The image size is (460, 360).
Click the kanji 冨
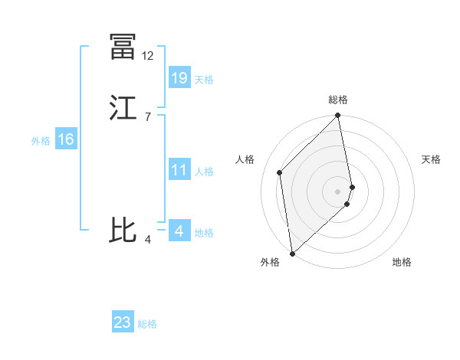[x=123, y=47]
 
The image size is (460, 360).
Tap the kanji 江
[x=123, y=108]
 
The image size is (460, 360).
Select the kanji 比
[x=123, y=231]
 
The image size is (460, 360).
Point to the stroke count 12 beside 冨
[x=148, y=56]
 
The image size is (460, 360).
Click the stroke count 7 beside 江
[x=147, y=117]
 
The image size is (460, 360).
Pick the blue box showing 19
[x=179, y=78]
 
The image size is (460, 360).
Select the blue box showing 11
[x=179, y=170]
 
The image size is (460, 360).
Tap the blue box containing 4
[x=179, y=231]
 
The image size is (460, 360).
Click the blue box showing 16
[x=65, y=139]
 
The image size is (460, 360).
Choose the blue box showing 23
[x=123, y=322]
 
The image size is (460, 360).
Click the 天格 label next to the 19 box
[x=204, y=80]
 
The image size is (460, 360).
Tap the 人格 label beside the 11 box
[x=204, y=172]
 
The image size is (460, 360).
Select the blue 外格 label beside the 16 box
[x=41, y=141]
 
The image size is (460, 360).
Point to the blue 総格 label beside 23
[x=148, y=324]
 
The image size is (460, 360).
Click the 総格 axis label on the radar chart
[x=338, y=100]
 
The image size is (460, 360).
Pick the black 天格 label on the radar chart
[x=432, y=159]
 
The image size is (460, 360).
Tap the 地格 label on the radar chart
[x=402, y=263]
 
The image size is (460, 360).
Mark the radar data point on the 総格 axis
[x=338, y=116]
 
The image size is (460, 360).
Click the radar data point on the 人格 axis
[x=280, y=172]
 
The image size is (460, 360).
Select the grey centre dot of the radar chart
[x=338, y=191]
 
